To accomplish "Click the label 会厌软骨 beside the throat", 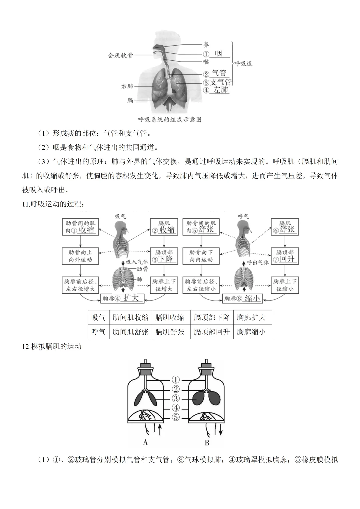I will (120, 55).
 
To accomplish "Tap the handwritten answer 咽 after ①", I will (218, 54).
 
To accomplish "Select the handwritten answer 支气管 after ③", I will (221, 82).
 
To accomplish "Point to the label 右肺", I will (127, 86).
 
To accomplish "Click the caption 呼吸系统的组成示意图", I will (170, 119).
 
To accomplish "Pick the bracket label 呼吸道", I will (243, 63).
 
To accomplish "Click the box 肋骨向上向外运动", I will (80, 256).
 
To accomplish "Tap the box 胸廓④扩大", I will (122, 298).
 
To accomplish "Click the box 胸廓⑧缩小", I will (243, 298).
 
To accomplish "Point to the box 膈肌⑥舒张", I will (285, 227).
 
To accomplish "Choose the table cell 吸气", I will (98, 317).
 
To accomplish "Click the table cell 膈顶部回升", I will (212, 332).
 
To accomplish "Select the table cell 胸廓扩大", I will (252, 317).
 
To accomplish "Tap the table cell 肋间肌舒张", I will (130, 332).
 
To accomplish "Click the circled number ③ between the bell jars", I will (176, 398).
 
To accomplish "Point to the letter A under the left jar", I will (145, 443).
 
